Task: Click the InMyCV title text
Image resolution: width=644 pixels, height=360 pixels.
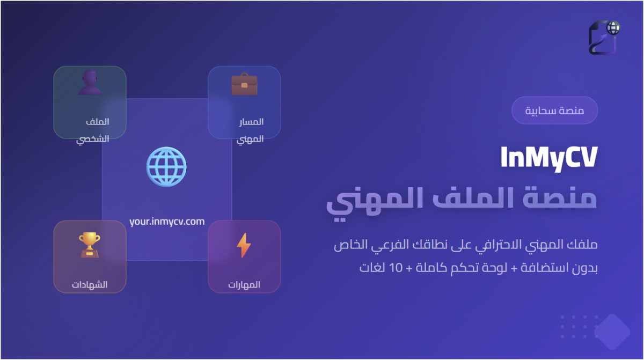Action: [549, 158]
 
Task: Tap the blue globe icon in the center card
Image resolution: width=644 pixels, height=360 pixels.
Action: [166, 167]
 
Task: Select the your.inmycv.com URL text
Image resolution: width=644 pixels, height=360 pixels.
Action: [167, 222]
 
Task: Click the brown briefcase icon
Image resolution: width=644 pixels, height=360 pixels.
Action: [244, 84]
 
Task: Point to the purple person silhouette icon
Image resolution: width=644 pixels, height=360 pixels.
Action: [90, 83]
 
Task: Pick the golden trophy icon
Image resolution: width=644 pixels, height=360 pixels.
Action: [90, 245]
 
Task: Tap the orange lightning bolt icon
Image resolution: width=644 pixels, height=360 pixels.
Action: [244, 245]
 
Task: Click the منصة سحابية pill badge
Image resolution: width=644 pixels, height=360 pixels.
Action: [554, 111]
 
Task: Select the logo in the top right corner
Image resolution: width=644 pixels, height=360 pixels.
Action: [604, 38]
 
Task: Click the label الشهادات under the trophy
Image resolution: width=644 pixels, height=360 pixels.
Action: [90, 284]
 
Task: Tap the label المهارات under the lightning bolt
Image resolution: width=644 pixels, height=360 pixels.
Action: [244, 284]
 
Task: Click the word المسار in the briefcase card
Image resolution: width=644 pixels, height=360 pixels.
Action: [251, 122]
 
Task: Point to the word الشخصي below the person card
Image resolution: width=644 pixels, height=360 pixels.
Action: [92, 139]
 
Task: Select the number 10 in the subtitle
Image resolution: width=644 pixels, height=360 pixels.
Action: [396, 268]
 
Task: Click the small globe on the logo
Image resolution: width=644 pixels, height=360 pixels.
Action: [613, 28]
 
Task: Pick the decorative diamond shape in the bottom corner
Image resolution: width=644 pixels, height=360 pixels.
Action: [612, 332]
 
